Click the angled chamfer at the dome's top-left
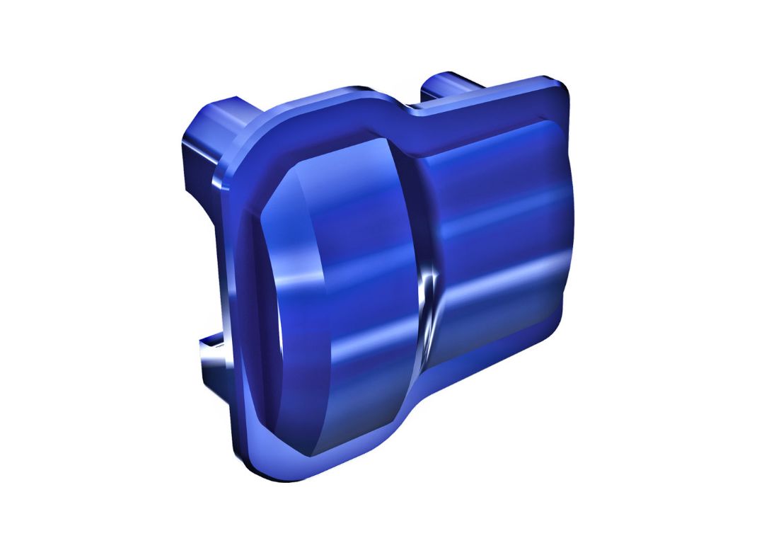click(283, 191)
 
